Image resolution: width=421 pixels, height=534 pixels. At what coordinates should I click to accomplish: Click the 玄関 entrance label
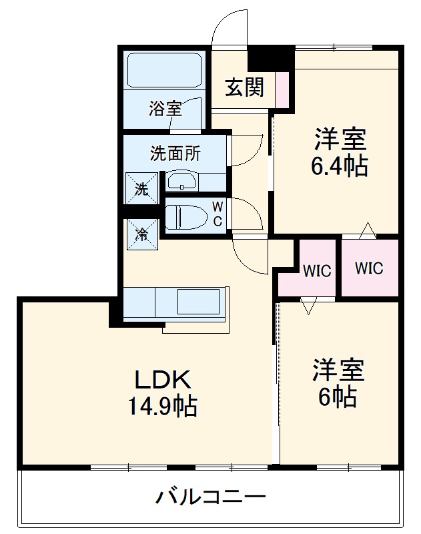(x=244, y=87)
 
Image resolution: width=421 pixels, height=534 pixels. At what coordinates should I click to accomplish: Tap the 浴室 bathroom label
(x=165, y=107)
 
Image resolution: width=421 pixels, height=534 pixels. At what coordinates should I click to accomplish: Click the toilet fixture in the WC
(x=183, y=218)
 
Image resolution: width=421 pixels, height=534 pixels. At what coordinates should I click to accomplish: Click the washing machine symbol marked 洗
(x=141, y=188)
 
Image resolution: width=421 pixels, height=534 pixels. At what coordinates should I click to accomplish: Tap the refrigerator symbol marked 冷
(x=141, y=234)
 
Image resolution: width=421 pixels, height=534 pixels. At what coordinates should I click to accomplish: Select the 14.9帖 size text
(x=163, y=406)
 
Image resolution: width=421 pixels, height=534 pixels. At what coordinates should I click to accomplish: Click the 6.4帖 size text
(x=339, y=166)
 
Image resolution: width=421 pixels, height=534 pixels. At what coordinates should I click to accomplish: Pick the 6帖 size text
(x=338, y=397)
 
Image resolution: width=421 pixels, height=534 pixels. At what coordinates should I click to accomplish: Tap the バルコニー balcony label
(x=211, y=497)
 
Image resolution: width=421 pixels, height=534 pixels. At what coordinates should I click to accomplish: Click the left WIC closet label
(x=316, y=271)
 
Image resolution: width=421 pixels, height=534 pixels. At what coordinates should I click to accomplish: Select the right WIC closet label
(x=369, y=268)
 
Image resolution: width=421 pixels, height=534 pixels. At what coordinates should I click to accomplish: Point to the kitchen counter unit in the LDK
(x=175, y=302)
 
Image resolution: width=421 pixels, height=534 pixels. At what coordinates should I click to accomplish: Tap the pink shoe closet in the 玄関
(x=282, y=87)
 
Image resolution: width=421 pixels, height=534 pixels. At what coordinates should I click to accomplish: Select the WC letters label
(x=218, y=214)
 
